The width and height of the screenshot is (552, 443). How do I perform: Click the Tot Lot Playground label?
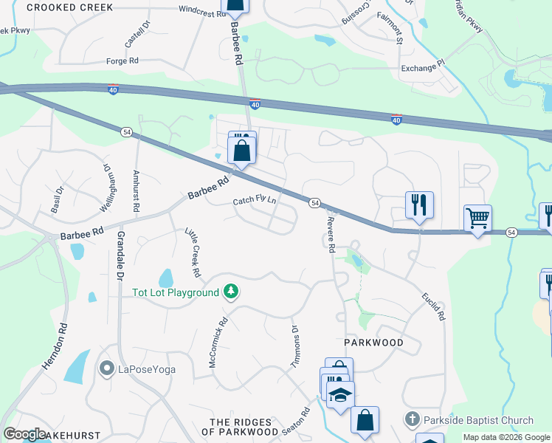[176, 292]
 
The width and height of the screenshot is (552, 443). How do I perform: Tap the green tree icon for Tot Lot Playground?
[232, 292]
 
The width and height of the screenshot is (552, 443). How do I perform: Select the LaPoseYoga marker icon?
[107, 368]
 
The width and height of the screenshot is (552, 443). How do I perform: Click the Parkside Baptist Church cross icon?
[412, 419]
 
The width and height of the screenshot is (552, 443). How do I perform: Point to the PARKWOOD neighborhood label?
[374, 343]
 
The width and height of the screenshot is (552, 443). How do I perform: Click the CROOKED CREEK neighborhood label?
[70, 7]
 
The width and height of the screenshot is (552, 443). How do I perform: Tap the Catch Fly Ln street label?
[255, 200]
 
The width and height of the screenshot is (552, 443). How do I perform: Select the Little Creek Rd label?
[193, 253]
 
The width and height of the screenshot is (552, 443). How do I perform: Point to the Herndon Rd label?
[54, 348]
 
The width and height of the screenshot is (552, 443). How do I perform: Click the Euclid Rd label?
[433, 305]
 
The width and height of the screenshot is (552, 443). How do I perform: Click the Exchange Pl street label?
[424, 67]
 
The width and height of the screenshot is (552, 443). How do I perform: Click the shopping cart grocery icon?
[477, 218]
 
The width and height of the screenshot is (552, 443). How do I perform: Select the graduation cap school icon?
[340, 394]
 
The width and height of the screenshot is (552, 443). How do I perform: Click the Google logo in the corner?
[25, 434]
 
